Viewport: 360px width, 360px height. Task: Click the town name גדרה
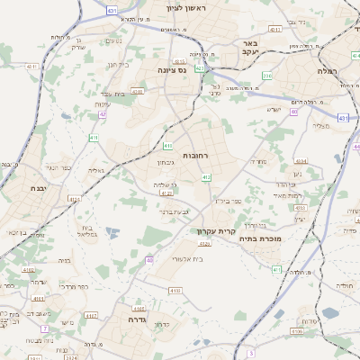pyautogui.click(x=138, y=319)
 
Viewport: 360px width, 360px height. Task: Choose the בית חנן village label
pyautogui.click(x=119, y=65)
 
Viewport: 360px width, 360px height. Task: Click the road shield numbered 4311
pyautogui.click(x=31, y=66)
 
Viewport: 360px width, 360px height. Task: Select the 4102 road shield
pyautogui.click(x=31, y=269)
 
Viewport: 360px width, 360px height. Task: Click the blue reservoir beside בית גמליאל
pyautogui.click(x=112, y=232)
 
